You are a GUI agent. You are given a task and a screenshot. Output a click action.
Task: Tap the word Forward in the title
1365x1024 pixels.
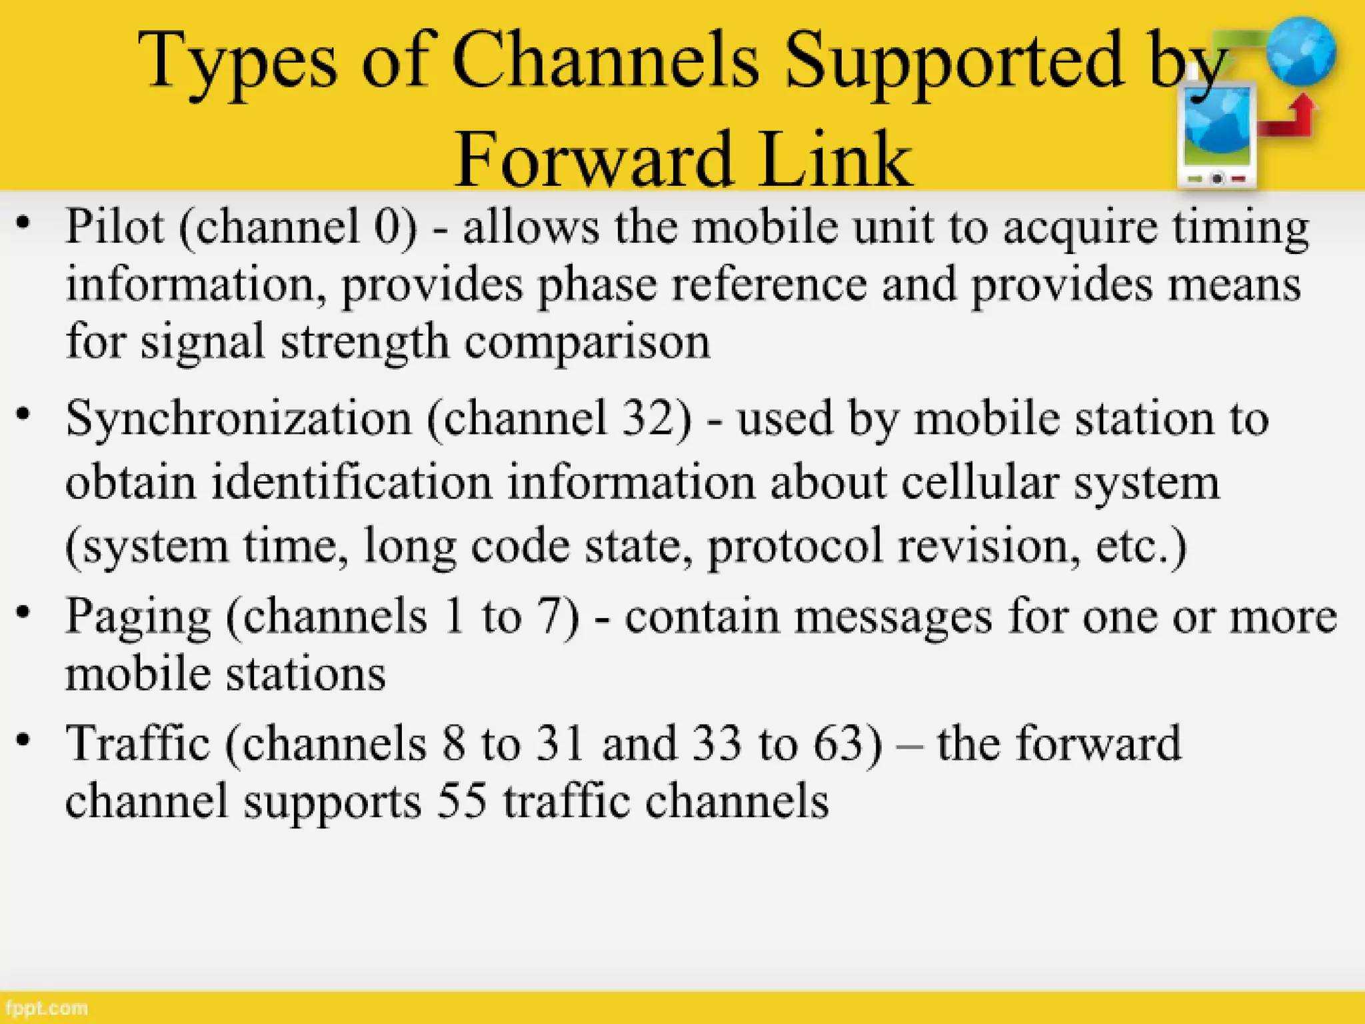pos(593,160)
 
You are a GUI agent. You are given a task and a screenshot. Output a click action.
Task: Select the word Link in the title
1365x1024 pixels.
pos(835,160)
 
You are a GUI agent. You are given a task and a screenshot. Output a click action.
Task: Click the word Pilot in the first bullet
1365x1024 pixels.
pos(114,227)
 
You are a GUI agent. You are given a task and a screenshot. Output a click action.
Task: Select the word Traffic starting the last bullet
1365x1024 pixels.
pos(138,743)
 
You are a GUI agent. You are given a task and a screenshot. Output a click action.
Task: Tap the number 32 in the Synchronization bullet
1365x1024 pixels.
pos(650,419)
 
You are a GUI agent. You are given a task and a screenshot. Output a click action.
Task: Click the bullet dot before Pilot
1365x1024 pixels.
pos(24,223)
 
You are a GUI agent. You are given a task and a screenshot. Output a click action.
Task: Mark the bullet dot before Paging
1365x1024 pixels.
pos(24,612)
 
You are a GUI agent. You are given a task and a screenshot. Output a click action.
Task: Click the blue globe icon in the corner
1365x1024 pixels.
pos(1300,52)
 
